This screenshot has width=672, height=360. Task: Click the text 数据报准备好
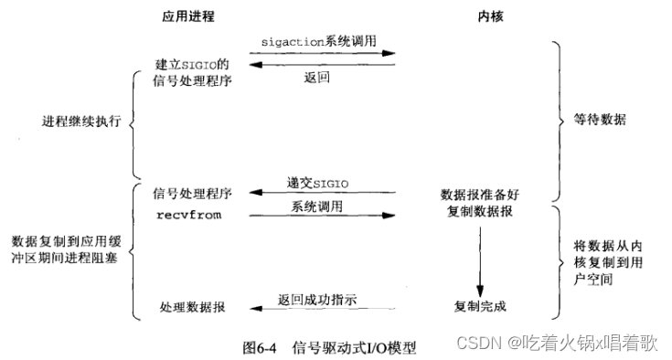click(479, 195)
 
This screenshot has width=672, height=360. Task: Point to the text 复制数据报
click(479, 213)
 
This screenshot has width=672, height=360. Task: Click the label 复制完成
click(479, 304)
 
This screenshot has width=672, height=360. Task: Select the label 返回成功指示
click(317, 299)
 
